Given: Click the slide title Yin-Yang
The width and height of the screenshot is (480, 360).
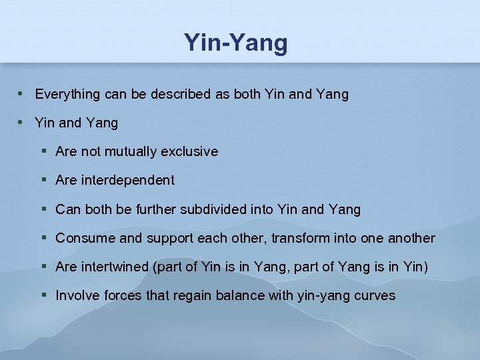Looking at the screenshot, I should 236,43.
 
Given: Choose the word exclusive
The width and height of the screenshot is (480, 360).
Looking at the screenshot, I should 189,151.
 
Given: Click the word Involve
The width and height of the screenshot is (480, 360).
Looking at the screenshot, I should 75,295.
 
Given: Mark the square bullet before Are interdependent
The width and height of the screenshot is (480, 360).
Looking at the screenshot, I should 43,180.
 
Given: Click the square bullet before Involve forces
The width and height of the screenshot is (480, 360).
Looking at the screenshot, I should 43,295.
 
